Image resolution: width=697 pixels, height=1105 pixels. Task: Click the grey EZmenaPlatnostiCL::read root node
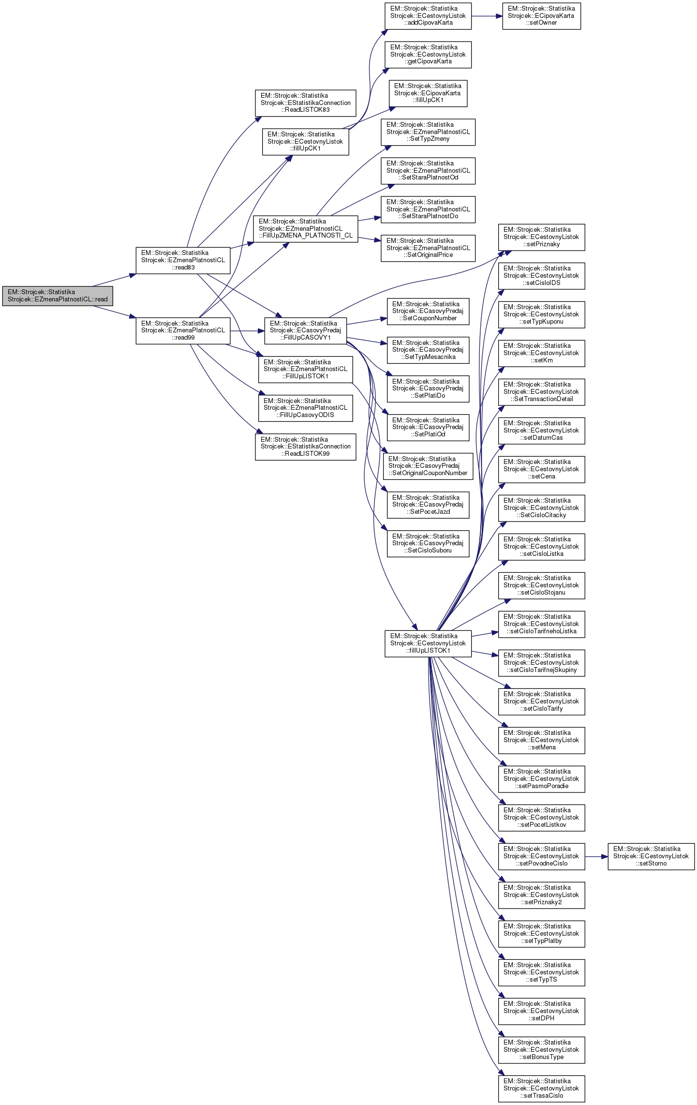click(x=58, y=296)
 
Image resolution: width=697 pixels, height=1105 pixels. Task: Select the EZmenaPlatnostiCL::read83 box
click(x=183, y=260)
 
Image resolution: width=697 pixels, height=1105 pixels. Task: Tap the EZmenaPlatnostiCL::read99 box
click(x=183, y=330)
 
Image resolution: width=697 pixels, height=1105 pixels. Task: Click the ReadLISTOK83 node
click(x=305, y=103)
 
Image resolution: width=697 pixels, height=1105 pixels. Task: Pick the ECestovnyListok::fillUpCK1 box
click(x=305, y=141)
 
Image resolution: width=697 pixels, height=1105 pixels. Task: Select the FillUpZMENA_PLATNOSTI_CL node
click(x=305, y=228)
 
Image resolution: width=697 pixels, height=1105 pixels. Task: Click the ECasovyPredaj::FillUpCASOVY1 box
click(x=305, y=330)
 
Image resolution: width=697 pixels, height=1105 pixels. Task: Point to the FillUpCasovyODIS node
click(x=305, y=408)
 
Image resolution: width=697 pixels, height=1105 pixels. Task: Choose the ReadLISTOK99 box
click(x=305, y=447)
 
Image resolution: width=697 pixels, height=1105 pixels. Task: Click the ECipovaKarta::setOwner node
click(x=541, y=16)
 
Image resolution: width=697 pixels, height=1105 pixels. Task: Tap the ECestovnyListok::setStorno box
click(x=651, y=856)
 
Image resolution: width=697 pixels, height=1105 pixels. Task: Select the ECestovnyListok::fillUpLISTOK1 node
click(x=428, y=643)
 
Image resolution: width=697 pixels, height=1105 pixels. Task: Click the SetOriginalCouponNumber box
click(x=428, y=466)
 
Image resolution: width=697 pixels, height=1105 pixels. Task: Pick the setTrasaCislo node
click(x=541, y=1089)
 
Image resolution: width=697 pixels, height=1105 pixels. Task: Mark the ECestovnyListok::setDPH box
click(x=541, y=1011)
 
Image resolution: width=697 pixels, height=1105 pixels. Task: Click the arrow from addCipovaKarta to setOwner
click(x=487, y=16)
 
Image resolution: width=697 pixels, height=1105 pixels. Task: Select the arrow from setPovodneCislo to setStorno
click(x=596, y=856)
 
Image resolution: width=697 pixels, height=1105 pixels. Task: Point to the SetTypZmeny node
click(x=428, y=132)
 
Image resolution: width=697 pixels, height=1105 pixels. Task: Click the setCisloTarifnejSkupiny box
click(x=541, y=663)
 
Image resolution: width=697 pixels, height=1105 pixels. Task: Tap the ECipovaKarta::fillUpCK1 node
click(x=428, y=93)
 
